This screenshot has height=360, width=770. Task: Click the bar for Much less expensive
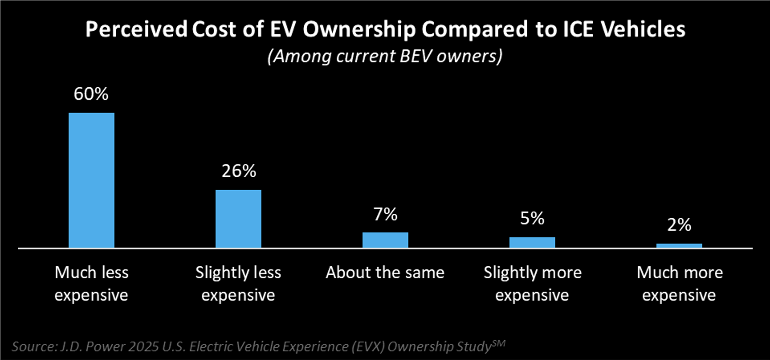(x=91, y=180)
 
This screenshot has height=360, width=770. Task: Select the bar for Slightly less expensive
(x=238, y=219)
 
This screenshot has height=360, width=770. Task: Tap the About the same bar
(x=385, y=240)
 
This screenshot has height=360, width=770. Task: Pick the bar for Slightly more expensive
(x=532, y=242)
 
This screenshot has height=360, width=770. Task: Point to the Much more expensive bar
(x=679, y=245)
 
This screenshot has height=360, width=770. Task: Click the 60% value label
(x=91, y=94)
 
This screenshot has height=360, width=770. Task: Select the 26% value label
(x=239, y=171)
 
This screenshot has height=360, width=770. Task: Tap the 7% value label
(x=385, y=214)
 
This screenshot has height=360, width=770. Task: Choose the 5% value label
(x=532, y=219)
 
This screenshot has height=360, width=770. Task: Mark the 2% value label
(x=679, y=225)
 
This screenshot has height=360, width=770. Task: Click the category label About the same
(x=385, y=272)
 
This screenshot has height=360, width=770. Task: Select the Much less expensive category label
(x=91, y=284)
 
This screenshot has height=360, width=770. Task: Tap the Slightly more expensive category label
(x=532, y=284)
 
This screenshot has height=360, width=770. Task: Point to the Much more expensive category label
(x=679, y=284)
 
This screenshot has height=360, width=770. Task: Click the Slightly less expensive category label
(x=238, y=284)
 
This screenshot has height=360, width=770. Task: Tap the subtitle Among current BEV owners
(x=385, y=56)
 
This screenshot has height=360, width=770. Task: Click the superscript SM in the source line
(x=498, y=343)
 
